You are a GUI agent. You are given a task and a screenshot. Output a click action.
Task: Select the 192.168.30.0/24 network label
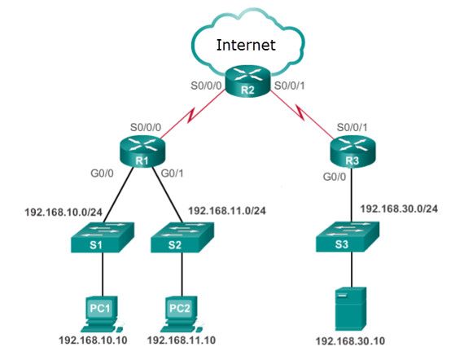[400, 209]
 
